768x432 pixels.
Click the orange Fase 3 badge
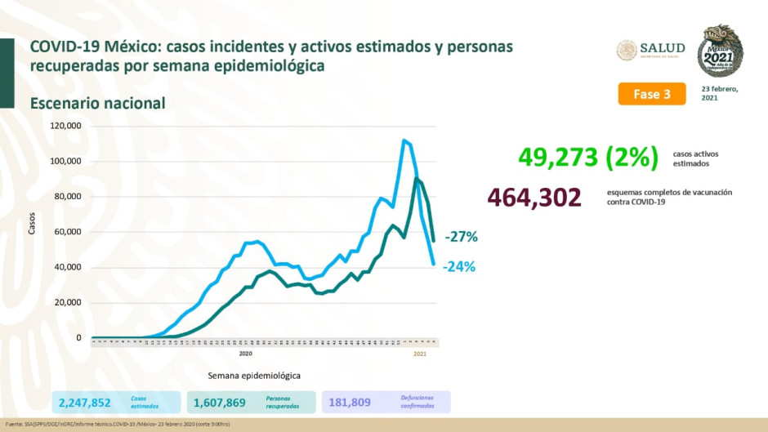pos(651,94)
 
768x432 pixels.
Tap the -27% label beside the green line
pos(461,237)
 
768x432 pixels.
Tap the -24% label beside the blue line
pos(459,266)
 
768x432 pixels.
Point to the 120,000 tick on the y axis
pos(65,126)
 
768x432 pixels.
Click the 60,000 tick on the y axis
pos(67,232)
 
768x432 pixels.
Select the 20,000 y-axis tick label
pos(67,302)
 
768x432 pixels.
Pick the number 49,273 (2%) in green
pos(587,157)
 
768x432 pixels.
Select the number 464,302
pos(534,198)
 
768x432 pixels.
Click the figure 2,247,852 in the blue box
pos(84,402)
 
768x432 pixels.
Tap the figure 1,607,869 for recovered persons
pos(219,402)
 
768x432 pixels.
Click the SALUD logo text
pos(663,48)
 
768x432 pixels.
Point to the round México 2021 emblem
pos(720,51)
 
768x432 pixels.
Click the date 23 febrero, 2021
pos(719,93)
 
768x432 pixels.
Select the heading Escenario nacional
pos(97,104)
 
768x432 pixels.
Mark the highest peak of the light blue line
pos(404,140)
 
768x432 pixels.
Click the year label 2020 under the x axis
pos(245,354)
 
